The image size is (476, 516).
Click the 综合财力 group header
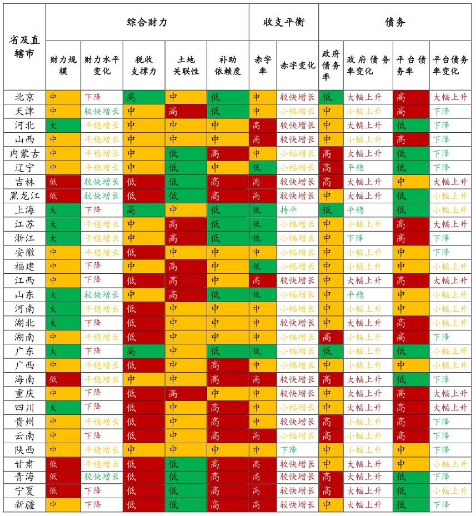pyautogui.click(x=147, y=22)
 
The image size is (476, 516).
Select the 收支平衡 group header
pyautogui.click(x=283, y=22)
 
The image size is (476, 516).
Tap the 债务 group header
pyautogui.click(x=395, y=22)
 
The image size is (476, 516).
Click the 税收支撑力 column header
pyautogui.click(x=144, y=66)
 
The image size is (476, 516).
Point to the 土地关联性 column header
pyautogui.click(x=186, y=66)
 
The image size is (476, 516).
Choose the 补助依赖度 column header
pyautogui.click(x=228, y=66)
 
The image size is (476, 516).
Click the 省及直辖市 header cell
pyautogui.click(x=24, y=47)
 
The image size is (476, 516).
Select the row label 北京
pyautogui.click(x=24, y=97)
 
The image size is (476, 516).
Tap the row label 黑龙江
pyautogui.click(x=24, y=196)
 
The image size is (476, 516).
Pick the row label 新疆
pyautogui.click(x=24, y=505)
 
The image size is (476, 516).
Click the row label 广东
pyautogui.click(x=24, y=351)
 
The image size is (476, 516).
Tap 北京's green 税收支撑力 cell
pyautogui.click(x=144, y=97)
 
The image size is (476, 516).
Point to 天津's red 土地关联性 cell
pyautogui.click(x=186, y=111)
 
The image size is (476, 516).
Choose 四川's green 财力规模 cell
pyautogui.click(x=63, y=407)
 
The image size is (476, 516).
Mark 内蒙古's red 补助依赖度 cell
pyautogui.click(x=228, y=153)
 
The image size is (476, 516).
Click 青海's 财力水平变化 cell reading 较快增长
pyautogui.click(x=102, y=477)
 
